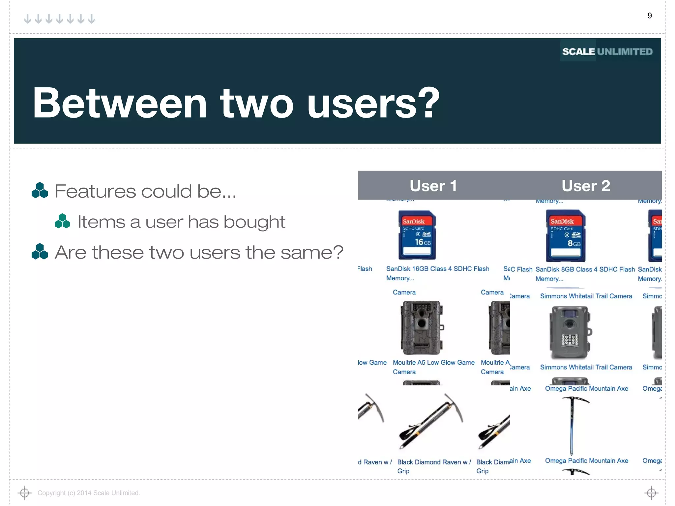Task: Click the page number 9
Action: [649, 16]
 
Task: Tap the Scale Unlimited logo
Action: [607, 52]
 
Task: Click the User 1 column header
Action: [433, 186]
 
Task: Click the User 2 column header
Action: [586, 186]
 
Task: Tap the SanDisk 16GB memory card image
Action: [417, 235]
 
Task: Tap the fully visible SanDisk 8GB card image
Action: [566, 236]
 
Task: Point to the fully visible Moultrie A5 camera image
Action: [422, 328]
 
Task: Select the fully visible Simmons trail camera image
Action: [570, 333]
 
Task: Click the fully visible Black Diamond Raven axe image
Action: [430, 421]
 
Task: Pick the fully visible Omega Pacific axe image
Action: [572, 425]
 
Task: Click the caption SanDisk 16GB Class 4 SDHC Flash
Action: [437, 269]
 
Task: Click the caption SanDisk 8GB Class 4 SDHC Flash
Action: [585, 269]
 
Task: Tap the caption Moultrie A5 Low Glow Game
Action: [433, 362]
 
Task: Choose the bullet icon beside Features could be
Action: [40, 190]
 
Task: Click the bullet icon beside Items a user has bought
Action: [62, 221]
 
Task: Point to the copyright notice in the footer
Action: [89, 493]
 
